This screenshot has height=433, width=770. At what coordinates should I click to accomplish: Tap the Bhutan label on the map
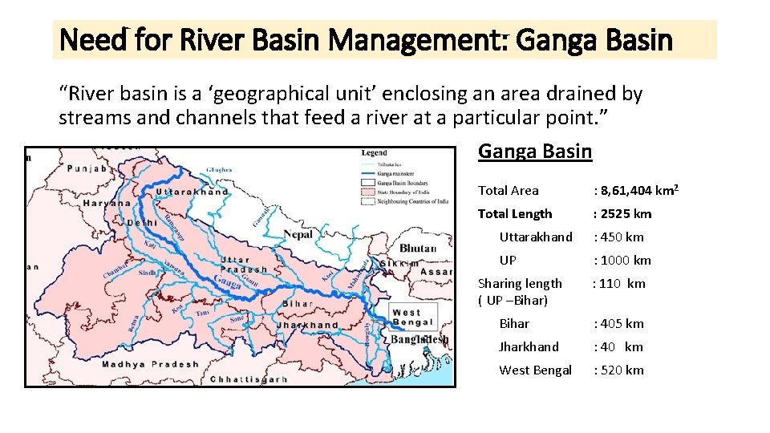[417, 248]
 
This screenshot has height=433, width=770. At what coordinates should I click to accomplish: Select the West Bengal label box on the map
[413, 317]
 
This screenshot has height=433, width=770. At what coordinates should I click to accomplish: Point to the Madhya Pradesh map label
[150, 364]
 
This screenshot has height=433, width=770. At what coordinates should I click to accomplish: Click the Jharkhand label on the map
[307, 326]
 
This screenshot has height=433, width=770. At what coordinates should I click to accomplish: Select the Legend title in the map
[374, 152]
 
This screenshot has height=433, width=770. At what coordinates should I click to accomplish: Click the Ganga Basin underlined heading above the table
[535, 151]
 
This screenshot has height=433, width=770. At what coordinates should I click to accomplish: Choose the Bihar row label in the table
[514, 323]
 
